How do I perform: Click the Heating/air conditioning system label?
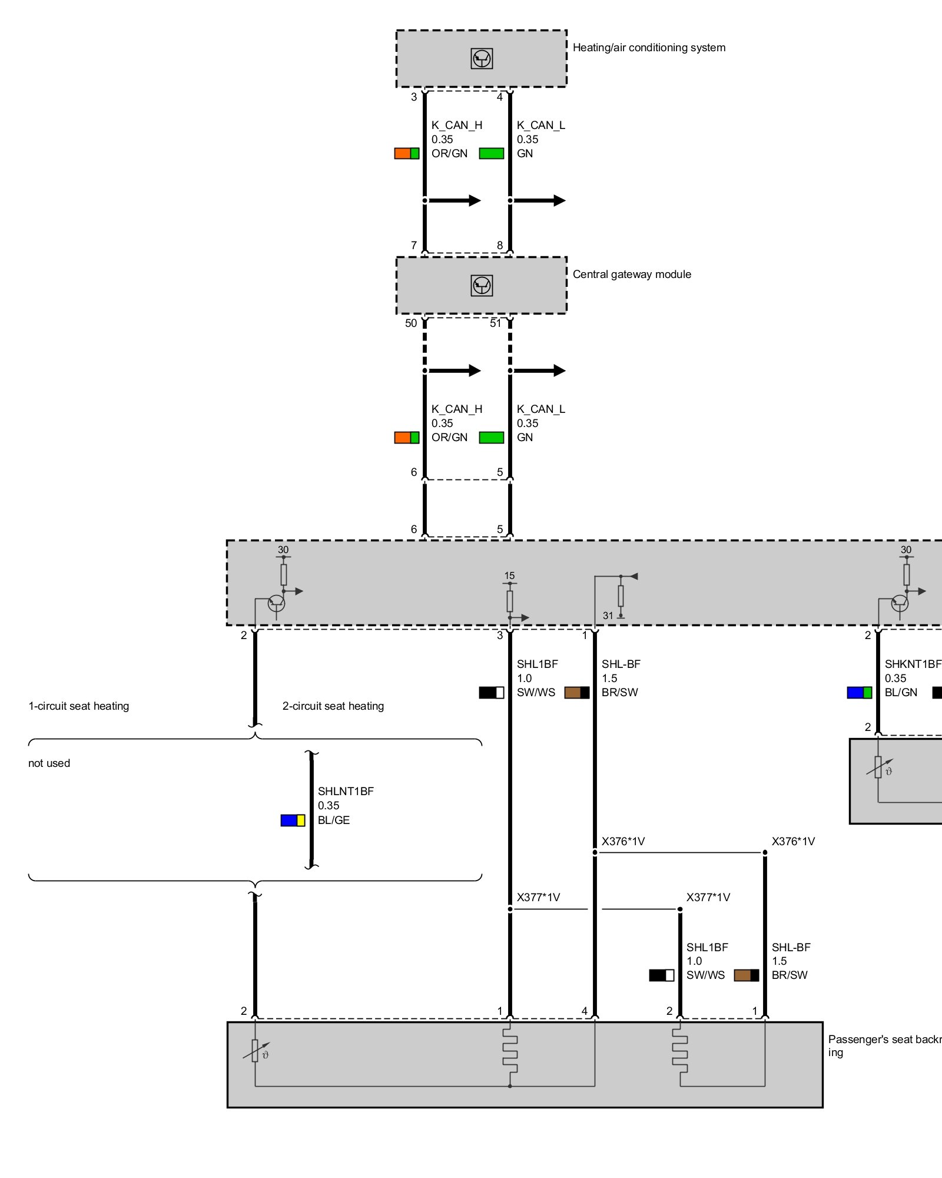pyautogui.click(x=649, y=48)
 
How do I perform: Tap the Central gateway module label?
pyautogui.click(x=632, y=274)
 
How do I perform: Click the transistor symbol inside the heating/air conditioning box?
pyautogui.click(x=482, y=59)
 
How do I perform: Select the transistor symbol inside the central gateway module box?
pyautogui.click(x=482, y=286)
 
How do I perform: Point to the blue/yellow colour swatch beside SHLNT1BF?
pyautogui.click(x=293, y=820)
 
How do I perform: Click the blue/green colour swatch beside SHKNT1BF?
pyautogui.click(x=859, y=693)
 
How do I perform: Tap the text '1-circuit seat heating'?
pyautogui.click(x=79, y=706)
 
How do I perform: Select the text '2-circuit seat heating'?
pyautogui.click(x=333, y=706)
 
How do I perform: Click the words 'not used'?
pyautogui.click(x=49, y=763)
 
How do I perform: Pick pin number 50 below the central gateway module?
pyautogui.click(x=411, y=323)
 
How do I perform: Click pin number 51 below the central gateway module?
pyautogui.click(x=496, y=323)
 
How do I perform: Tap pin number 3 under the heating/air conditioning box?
pyautogui.click(x=414, y=97)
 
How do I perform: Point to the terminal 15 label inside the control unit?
pyautogui.click(x=509, y=575)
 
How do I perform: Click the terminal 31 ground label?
pyautogui.click(x=608, y=616)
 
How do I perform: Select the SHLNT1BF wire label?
pyautogui.click(x=346, y=791)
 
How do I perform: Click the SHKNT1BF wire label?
pyautogui.click(x=913, y=664)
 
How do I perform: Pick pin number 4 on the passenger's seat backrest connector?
pyautogui.click(x=585, y=1011)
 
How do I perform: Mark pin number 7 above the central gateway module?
pyautogui.click(x=414, y=245)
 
